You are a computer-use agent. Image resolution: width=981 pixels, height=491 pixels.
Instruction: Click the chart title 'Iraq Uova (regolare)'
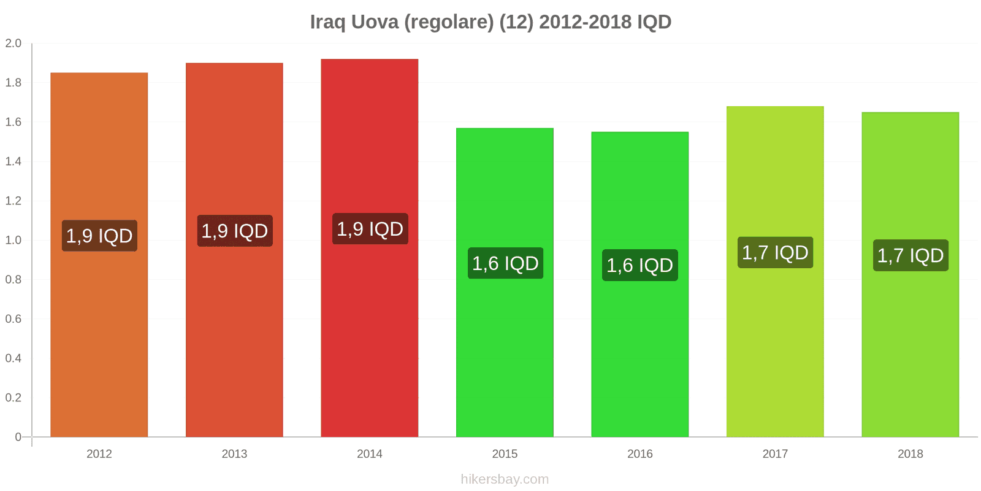tap(490, 22)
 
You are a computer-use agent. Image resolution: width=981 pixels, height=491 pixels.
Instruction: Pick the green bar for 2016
tap(640, 356)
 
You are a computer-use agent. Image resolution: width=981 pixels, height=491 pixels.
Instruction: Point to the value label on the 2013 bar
tap(235, 231)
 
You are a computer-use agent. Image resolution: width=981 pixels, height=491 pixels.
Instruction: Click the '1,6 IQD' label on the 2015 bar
tap(505, 263)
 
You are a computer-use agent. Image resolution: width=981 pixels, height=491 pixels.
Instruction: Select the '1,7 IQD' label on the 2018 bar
tap(910, 255)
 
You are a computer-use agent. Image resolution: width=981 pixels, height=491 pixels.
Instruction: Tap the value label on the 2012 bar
tap(99, 236)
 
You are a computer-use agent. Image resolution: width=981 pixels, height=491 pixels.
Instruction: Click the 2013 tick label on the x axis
tap(234, 454)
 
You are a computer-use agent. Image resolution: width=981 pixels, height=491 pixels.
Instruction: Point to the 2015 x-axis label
tap(505, 454)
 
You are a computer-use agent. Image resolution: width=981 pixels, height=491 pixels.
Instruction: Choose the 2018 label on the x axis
tap(910, 454)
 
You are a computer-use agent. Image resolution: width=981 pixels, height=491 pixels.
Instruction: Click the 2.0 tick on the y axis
tap(13, 43)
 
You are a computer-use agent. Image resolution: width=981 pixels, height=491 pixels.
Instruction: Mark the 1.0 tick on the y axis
tap(13, 240)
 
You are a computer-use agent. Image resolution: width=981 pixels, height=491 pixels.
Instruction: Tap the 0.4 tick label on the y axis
tap(13, 358)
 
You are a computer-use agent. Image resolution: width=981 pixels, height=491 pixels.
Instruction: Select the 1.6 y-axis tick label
tap(13, 122)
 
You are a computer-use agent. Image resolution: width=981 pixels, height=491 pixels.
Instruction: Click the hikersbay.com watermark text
tap(505, 479)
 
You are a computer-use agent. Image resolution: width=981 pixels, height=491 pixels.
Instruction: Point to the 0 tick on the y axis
tap(18, 437)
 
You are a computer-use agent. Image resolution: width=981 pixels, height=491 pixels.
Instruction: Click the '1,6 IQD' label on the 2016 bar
tap(640, 265)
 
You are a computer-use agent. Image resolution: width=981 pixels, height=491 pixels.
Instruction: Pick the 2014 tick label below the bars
tap(370, 454)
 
